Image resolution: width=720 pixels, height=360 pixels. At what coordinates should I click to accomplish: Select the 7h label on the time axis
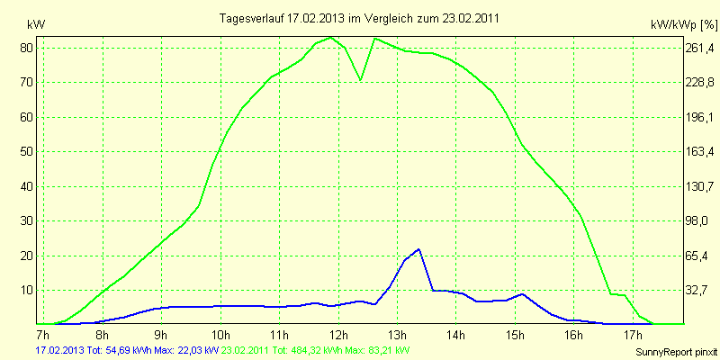click(42, 335)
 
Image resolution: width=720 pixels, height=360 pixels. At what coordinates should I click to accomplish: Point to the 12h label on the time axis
click(337, 335)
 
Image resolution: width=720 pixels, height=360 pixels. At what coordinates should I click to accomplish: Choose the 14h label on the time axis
click(456, 335)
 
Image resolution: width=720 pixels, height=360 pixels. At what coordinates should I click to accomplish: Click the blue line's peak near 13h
click(418, 249)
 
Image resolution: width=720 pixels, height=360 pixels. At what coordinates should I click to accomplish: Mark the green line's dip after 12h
click(361, 80)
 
